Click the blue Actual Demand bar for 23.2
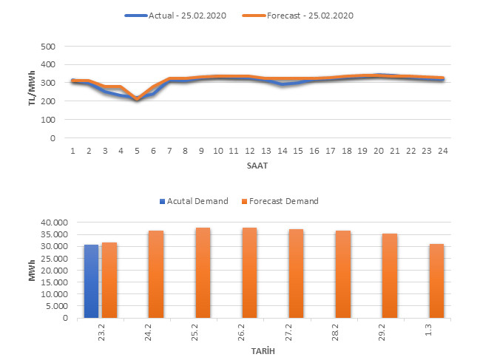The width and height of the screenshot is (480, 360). [x=91, y=281]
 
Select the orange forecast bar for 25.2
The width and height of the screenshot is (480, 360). [x=202, y=273]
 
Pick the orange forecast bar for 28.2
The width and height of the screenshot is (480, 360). [x=342, y=274]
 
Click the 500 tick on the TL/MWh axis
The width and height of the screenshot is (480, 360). [x=48, y=47]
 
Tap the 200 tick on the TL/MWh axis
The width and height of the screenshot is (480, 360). [x=48, y=101]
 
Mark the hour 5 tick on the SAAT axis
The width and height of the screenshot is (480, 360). [x=137, y=151]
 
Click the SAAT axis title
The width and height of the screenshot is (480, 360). [x=256, y=166]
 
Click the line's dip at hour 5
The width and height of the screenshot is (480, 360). [x=137, y=99]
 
